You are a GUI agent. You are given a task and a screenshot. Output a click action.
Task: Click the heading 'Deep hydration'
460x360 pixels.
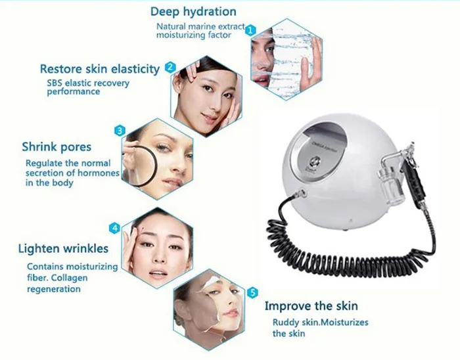tap(193, 12)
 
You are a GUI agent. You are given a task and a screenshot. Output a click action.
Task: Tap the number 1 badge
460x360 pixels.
tap(250, 30)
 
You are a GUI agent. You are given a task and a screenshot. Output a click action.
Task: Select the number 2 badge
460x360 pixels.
tap(170, 67)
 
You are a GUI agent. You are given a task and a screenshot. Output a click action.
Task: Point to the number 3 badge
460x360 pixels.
tap(120, 131)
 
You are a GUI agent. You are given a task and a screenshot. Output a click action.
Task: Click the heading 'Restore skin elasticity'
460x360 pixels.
tap(99, 69)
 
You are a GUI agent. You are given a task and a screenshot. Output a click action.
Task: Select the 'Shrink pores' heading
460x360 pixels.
tap(57, 146)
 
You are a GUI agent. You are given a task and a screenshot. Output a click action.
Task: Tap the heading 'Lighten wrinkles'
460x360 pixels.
tap(63, 249)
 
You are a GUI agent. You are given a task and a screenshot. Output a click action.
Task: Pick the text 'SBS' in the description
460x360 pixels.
tap(55, 83)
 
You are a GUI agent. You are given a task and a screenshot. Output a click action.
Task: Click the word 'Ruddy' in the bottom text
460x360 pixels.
tap(287, 322)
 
